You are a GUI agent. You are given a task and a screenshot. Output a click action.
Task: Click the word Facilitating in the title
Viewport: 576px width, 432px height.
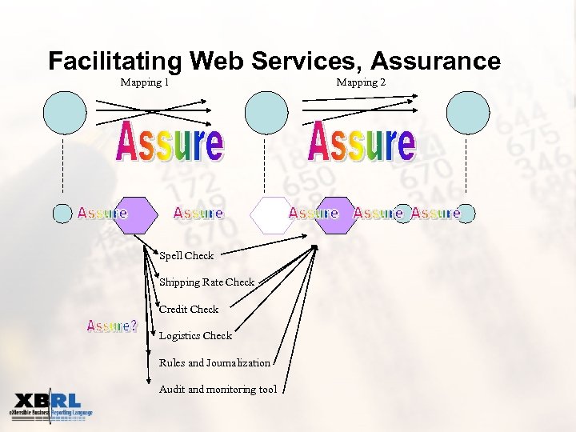tap(115, 62)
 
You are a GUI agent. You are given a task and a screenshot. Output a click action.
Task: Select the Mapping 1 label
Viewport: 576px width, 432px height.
tap(144, 82)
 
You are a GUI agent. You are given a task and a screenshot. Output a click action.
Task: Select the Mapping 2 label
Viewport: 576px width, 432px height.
tap(361, 82)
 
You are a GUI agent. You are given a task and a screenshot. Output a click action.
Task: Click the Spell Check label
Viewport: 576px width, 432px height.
tap(186, 256)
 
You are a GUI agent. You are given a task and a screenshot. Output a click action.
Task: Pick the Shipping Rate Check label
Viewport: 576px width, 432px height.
tap(206, 282)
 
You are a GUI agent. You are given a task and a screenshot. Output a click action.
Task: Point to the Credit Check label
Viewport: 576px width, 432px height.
tap(189, 309)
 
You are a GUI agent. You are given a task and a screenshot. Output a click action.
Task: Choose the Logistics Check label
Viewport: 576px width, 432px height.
tap(195, 336)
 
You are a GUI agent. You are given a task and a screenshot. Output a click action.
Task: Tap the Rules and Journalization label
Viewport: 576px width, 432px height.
tap(214, 363)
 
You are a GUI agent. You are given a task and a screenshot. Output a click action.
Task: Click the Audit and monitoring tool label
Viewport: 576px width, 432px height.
tap(218, 390)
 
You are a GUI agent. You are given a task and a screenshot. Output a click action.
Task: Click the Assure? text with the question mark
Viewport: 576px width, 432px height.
tap(112, 326)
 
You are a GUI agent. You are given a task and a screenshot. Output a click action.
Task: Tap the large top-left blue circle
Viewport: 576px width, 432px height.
tap(64, 113)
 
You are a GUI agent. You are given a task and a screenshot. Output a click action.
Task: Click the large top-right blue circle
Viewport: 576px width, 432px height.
tap(468, 113)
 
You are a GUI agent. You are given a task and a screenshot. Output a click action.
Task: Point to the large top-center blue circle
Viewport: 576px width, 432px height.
tap(266, 113)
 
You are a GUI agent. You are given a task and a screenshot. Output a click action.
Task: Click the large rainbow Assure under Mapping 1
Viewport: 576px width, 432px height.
tap(170, 142)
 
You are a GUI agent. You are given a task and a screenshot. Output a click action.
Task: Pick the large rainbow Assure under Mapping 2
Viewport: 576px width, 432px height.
tap(362, 142)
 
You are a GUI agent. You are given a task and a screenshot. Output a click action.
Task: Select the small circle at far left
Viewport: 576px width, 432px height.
tap(62, 214)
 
